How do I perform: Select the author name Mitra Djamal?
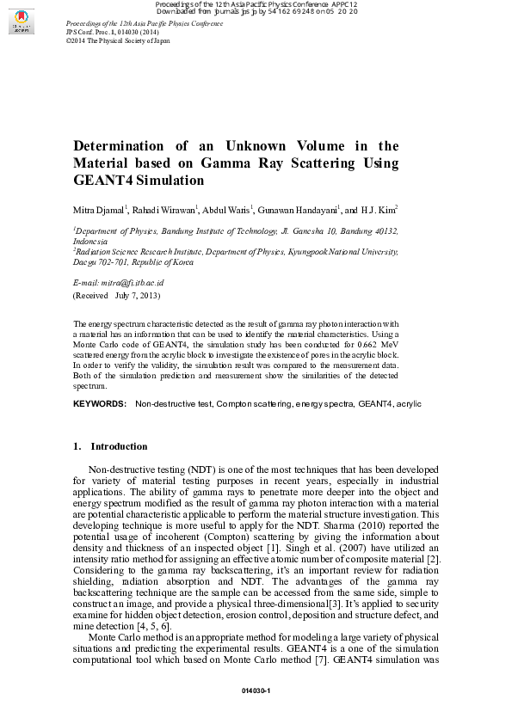(99, 209)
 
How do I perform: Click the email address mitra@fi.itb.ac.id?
(133, 282)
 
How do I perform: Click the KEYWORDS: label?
(99, 403)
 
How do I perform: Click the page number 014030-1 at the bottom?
(256, 690)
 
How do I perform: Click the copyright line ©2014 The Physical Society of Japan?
(117, 40)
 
